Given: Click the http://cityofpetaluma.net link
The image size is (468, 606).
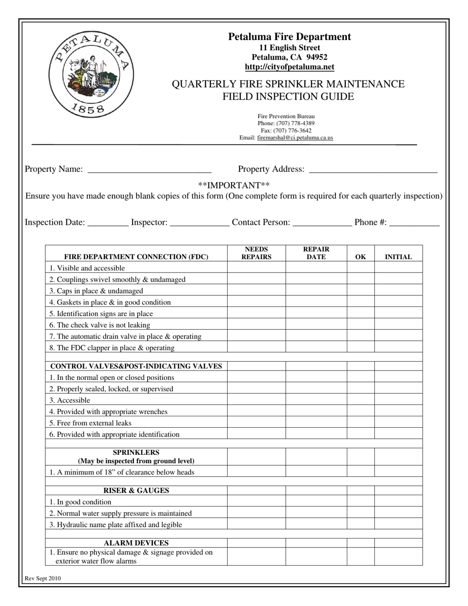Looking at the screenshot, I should pos(289,67).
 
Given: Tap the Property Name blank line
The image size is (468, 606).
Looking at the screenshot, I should pos(149,170).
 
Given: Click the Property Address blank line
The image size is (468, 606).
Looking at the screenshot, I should pos(372,170).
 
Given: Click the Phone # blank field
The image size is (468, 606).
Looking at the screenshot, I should pos(414,223).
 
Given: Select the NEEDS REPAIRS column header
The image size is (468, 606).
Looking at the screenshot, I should pos(256,253).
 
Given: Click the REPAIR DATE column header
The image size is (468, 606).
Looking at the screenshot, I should pos(316,253).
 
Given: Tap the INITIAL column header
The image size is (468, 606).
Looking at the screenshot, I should pos(398,257).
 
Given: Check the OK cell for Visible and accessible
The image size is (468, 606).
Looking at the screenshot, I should pos(361,268).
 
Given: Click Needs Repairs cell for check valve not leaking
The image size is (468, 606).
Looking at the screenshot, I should pos(256,325).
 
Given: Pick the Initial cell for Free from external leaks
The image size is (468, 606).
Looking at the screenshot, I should pos(398,423).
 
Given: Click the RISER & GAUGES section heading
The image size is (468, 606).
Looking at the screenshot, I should pos(136,491).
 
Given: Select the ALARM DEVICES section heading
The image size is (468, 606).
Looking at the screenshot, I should pos(136,543).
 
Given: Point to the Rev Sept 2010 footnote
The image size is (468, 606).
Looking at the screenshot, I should pos(43,579).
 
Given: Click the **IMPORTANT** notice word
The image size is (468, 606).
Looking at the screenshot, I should pos(234,185).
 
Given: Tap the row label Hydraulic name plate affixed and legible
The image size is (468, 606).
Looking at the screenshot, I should pos(116,525).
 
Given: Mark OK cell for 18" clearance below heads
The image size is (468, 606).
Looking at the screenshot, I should pos(361,472).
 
